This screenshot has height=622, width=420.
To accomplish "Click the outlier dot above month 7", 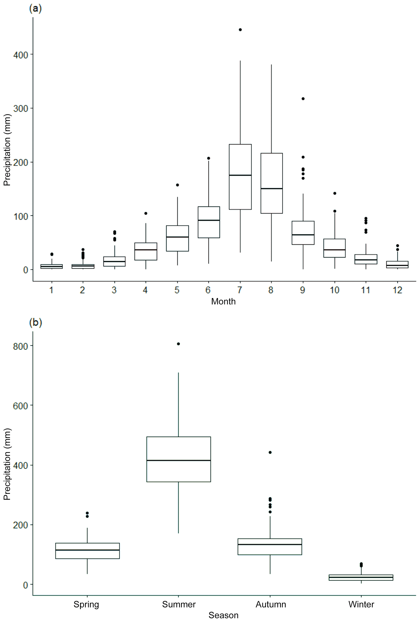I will click(x=240, y=30).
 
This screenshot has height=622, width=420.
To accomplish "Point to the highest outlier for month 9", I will click(x=303, y=99).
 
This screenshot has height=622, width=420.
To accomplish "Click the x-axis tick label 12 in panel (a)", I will click(x=397, y=290).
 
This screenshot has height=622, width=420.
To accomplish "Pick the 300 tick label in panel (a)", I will click(x=21, y=108).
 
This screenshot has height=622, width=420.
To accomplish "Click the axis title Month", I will click(x=223, y=301).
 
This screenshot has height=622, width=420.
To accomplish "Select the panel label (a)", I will click(x=35, y=9).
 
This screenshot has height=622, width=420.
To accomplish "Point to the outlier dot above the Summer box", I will click(x=178, y=344).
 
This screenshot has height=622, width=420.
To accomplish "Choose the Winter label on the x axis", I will click(x=361, y=604).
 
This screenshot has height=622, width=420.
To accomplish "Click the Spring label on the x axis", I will click(x=86, y=604).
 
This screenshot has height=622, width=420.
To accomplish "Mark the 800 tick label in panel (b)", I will click(x=21, y=346).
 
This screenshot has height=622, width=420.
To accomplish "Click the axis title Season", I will click(x=223, y=615).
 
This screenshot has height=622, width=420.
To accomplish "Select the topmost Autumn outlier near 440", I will click(x=270, y=452).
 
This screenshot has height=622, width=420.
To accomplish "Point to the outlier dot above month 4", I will click(x=146, y=213).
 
